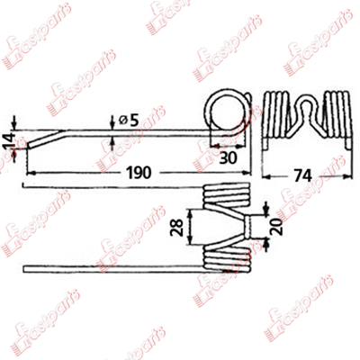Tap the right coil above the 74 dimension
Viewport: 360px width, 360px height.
point(337,117)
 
